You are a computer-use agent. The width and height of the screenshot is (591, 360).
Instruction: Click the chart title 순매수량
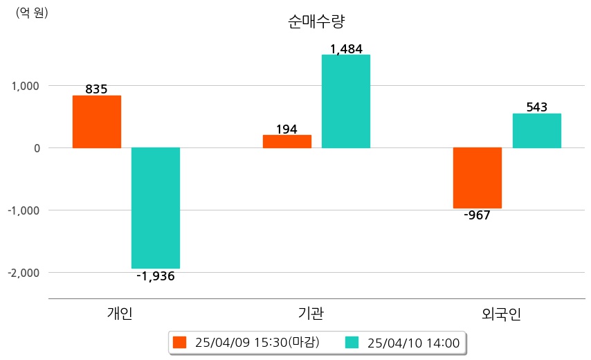(316, 21)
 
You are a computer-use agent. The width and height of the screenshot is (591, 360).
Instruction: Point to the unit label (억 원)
(32, 12)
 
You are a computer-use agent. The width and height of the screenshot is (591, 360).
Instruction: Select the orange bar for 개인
(97, 122)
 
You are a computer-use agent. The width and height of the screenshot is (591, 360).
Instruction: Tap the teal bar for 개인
(156, 208)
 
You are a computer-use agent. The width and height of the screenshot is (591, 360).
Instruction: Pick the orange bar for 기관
(287, 141)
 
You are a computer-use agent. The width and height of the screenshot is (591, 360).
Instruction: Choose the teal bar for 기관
(346, 101)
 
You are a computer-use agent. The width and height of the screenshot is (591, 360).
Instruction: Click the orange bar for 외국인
(478, 178)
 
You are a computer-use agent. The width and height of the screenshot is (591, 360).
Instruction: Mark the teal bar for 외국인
(537, 131)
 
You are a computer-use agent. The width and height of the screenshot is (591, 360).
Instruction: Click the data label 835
(96, 89)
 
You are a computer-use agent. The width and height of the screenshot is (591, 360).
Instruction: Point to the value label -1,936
(156, 276)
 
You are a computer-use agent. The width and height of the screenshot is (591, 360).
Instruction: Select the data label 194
(287, 129)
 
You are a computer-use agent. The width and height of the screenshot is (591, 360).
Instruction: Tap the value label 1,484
(346, 49)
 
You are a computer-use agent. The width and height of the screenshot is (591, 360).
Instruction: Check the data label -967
(477, 215)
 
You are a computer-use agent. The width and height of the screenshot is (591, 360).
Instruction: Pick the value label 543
(537, 107)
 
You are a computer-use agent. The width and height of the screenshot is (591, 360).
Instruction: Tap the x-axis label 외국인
(501, 314)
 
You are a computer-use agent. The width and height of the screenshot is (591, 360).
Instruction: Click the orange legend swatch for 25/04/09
(180, 343)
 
